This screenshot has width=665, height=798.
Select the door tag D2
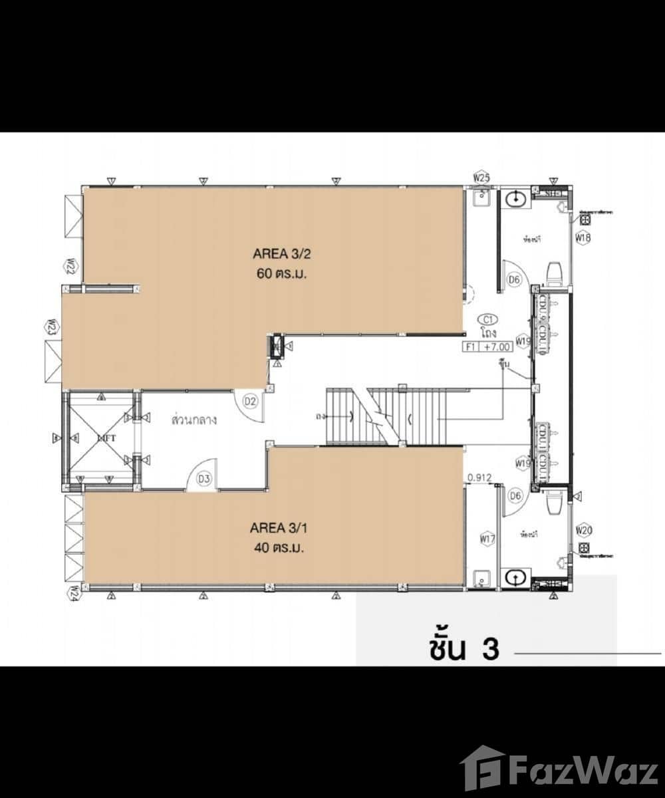(250, 401)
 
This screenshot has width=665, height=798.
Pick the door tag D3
(204, 478)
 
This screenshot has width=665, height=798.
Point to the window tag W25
(481, 178)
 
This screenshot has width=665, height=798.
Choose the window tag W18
(583, 237)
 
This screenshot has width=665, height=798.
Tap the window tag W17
(487, 539)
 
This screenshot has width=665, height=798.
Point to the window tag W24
(74, 592)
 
